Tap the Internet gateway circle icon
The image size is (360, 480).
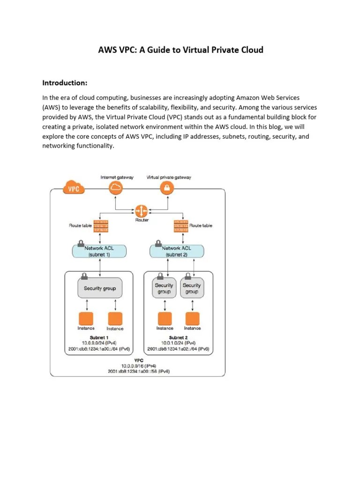[x=116, y=188]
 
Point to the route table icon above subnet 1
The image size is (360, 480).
[x=101, y=225]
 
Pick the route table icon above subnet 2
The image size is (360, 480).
[x=181, y=225]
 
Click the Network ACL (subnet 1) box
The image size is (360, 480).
[x=99, y=251]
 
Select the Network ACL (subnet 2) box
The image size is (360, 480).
[x=177, y=251]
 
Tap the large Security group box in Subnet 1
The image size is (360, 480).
[x=99, y=288]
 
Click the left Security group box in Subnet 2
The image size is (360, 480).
[x=164, y=288]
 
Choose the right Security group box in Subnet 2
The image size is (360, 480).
[x=191, y=288]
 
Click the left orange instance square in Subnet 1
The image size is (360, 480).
[x=86, y=318]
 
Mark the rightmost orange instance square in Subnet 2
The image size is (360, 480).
[x=192, y=318]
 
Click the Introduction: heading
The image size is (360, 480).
[x=65, y=83]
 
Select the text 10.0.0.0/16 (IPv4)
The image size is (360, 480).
[x=139, y=365]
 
